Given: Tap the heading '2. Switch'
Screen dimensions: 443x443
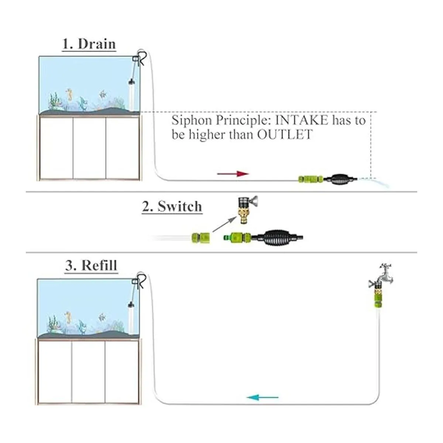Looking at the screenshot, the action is click(172, 206).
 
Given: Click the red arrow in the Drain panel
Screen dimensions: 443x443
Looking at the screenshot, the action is click(233, 174).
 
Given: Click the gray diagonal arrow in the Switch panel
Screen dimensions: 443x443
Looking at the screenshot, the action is click(224, 224).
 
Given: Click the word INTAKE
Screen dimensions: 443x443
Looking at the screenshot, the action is click(301, 120).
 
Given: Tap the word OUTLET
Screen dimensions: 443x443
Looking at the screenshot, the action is click(285, 134).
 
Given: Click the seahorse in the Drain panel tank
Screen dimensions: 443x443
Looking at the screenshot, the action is click(69, 95).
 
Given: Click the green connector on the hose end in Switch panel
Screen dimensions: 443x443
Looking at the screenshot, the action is click(201, 238).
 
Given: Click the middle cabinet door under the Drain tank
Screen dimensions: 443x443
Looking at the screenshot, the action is click(89, 148).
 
